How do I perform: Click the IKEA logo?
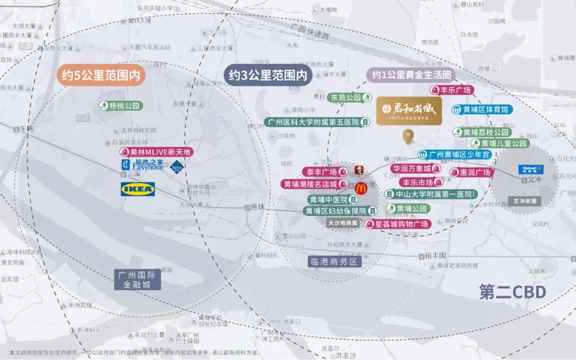click(138, 189)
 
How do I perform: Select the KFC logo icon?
click(359, 171)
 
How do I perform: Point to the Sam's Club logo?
click(178, 166)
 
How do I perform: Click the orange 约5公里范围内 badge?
click(101, 76)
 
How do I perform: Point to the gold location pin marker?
click(409, 137)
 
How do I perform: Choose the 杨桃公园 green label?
click(121, 106)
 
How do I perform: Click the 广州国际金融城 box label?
click(137, 280)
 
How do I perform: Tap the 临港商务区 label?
click(335, 261)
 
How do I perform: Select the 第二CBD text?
click(513, 292)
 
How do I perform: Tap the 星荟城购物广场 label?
click(398, 224)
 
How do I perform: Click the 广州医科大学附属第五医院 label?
click(318, 122)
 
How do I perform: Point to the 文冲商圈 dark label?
click(525, 202)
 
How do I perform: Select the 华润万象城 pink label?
click(416, 169)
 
